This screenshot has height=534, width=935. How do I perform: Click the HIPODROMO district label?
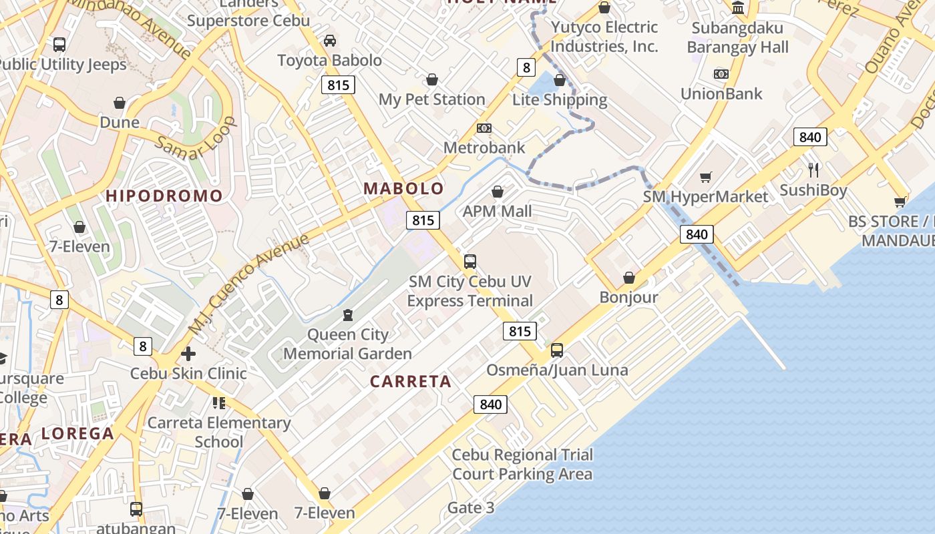pos(164,196)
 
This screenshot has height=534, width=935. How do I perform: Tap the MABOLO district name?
pos(403,188)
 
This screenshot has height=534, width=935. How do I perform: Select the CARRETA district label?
pos(411,381)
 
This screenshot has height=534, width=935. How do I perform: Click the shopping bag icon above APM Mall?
pos(498,192)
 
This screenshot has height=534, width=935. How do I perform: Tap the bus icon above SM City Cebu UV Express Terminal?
pos(470,261)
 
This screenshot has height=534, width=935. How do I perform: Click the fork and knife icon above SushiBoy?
pos(813,170)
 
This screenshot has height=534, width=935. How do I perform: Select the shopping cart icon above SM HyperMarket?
pos(706,177)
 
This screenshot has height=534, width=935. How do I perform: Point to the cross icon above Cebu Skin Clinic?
pos(188,353)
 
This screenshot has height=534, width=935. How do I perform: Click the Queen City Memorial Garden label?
pos(347,344)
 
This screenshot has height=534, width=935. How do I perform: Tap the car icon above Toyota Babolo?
pos(330,41)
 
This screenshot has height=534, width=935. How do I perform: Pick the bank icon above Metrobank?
pos(484,128)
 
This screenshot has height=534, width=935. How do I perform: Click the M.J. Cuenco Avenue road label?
pos(248,284)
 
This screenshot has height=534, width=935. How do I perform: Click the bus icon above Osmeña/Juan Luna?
pos(557,350)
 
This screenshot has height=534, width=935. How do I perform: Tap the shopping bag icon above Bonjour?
pos(628,278)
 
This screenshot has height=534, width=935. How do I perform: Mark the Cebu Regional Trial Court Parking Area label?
pos(522,465)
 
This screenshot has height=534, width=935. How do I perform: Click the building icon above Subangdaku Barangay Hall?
pos(738,8)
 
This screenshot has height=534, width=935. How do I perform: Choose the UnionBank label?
pos(721,93)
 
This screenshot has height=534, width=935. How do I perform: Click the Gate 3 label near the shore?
pos(471,508)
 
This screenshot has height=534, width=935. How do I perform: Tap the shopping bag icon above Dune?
pos(120,103)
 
